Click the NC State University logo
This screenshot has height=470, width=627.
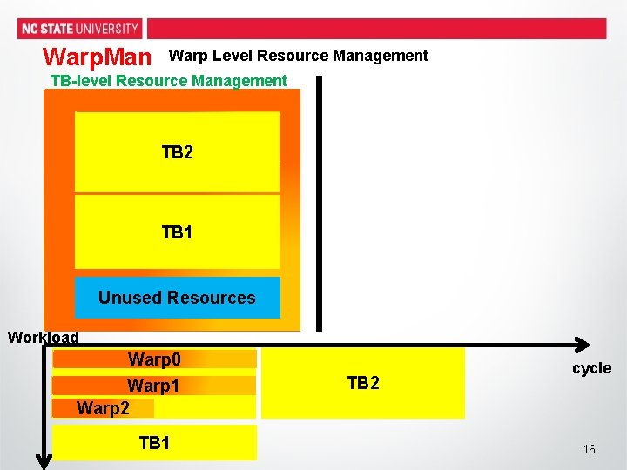tap(79, 29)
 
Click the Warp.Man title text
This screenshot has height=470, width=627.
tap(97, 58)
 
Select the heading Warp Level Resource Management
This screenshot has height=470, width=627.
tap(298, 56)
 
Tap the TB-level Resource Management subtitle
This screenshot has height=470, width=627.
tap(168, 81)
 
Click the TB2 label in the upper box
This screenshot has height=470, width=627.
tap(177, 152)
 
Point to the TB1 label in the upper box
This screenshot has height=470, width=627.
tap(177, 232)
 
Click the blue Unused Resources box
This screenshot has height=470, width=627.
tap(177, 298)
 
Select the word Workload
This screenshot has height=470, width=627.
tap(43, 338)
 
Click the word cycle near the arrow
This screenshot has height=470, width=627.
tap(591, 368)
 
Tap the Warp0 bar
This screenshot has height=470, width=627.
tap(154, 359)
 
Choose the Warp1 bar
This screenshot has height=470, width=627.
tap(154, 385)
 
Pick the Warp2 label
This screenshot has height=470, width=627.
tap(103, 407)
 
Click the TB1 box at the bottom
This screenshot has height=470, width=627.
tap(154, 443)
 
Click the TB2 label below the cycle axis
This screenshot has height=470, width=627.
tap(363, 383)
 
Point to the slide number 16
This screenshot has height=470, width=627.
tap(590, 449)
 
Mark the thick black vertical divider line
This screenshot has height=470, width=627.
tap(319, 205)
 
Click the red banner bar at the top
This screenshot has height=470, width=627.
tap(374, 28)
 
